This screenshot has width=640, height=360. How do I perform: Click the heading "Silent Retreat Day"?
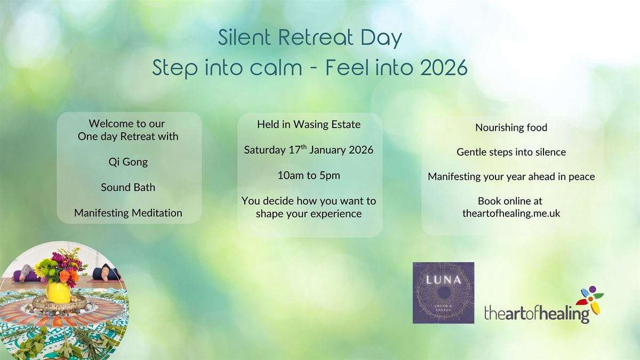tap(310, 38)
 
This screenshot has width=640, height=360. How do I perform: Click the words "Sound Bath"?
tap(128, 188)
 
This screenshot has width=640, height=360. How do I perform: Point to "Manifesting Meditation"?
tap(128, 213)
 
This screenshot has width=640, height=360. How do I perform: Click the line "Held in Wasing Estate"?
tap(309, 125)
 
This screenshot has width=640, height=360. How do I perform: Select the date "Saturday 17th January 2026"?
tap(309, 150)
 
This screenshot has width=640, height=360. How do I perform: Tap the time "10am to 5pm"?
tap(309, 175)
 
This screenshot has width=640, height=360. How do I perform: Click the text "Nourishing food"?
tap(511, 127)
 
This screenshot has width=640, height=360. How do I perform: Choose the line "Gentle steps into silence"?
tap(511, 152)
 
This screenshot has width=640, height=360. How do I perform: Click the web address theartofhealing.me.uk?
tap(511, 212)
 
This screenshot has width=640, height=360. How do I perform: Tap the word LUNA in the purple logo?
tap(443, 279)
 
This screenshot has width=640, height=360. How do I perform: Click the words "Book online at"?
tap(511, 201)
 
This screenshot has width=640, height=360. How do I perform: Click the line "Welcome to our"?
tap(127, 124)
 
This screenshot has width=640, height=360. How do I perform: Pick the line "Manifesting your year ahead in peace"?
tap(511, 177)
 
